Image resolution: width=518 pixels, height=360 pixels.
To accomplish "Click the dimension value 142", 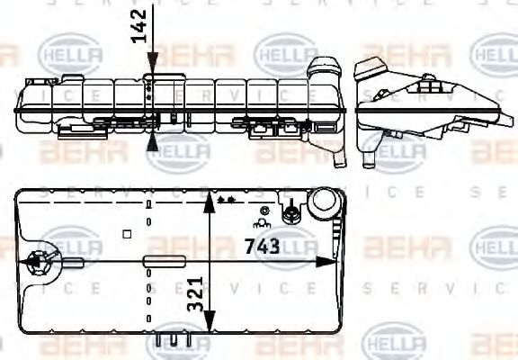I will pos(138,27).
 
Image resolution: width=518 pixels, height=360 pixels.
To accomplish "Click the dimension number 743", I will pos(262,245).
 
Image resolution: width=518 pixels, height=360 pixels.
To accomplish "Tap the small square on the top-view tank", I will pos(128,235).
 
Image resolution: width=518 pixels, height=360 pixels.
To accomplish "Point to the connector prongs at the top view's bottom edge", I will pos(171,340).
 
